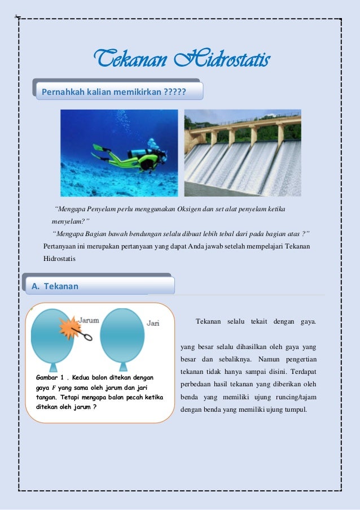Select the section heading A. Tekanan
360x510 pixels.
tap(55, 286)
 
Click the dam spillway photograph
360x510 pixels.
tap(243, 152)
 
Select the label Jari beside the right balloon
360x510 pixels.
tap(153, 323)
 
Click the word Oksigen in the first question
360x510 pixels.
tap(187, 210)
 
